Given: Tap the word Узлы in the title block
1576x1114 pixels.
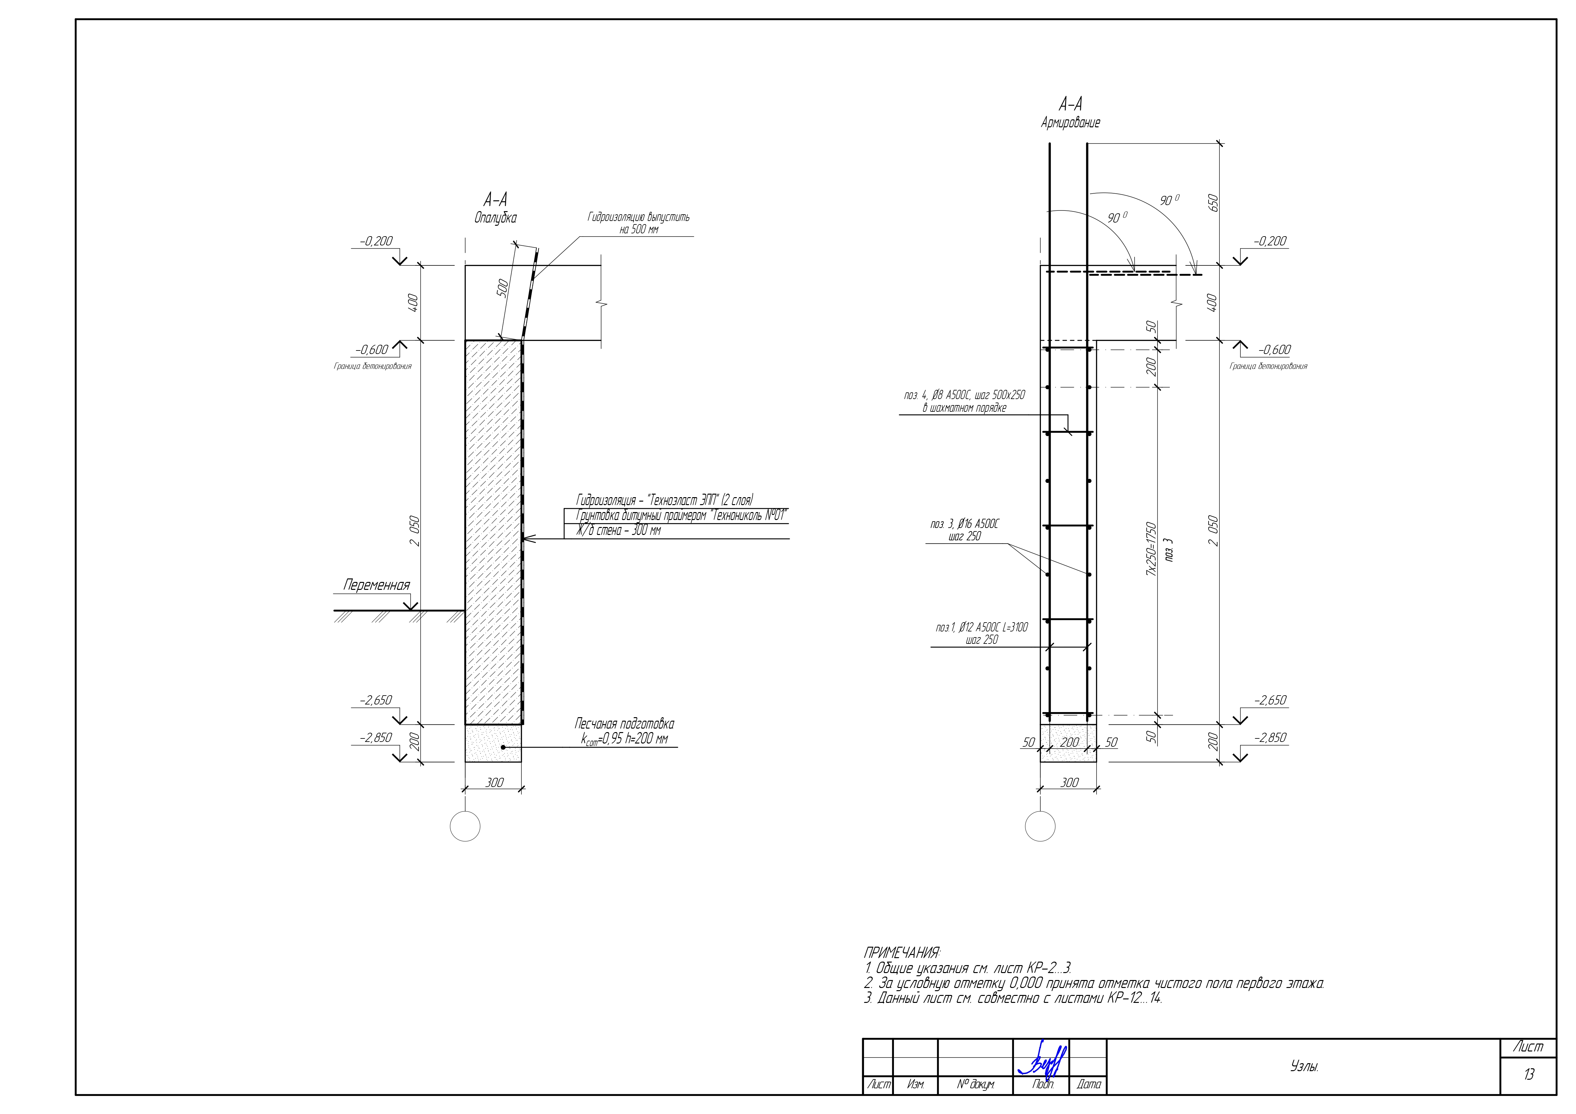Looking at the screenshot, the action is pos(1304,1067).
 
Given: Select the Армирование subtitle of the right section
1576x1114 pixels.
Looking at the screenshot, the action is pos(1070,123).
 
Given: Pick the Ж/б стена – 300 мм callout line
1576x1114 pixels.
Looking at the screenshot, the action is pos(618,530).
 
